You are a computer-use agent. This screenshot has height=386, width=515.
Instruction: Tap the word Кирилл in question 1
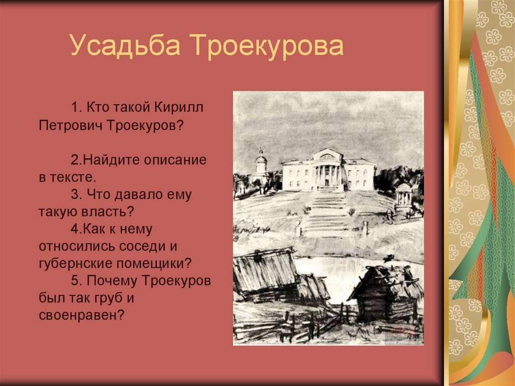(x=180, y=108)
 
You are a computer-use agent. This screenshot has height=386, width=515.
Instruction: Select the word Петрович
(x=70, y=125)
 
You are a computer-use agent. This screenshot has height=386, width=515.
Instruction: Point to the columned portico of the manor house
(x=327, y=170)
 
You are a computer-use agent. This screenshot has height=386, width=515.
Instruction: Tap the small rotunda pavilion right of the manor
(x=403, y=195)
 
